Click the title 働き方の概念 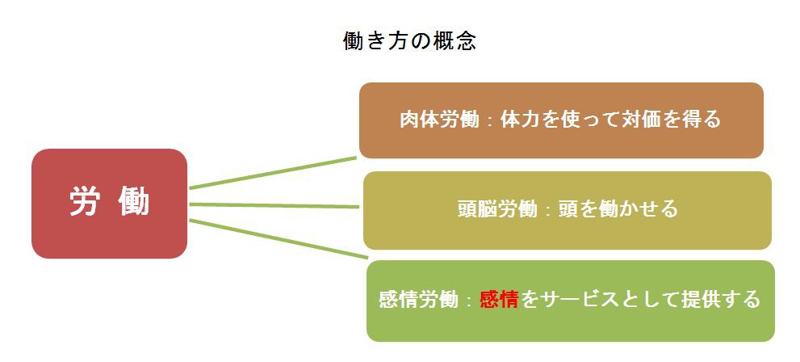click(410, 41)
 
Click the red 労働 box click(109, 203)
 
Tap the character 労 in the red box click(84, 201)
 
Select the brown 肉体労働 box click(561, 120)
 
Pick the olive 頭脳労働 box click(568, 210)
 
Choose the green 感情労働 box click(571, 301)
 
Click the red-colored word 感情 click(499, 300)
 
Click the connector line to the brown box click(273, 173)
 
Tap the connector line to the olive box click(274, 206)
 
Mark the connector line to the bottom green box click(279, 239)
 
